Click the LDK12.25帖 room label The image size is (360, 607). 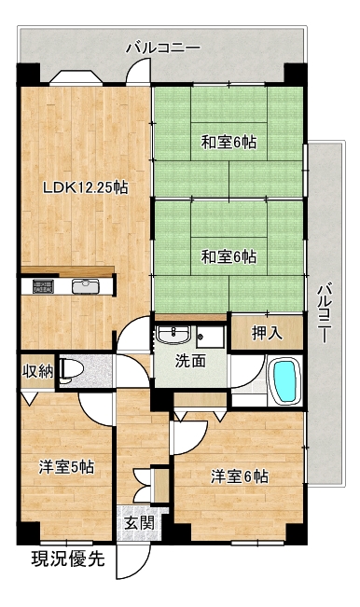pos(85,188)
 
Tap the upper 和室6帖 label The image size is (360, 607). pos(228,143)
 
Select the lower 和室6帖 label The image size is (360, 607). pos(228,256)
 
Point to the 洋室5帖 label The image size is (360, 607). pos(66,467)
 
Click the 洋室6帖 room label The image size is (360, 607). pos(240,476)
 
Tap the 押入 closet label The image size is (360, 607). pos(267,333)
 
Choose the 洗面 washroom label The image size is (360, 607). pos(190,361)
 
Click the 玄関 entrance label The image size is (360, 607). pos(139,523)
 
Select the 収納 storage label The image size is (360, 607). pos(37,372)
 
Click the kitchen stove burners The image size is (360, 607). pos(43,286)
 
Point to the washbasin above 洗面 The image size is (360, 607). pos(173,334)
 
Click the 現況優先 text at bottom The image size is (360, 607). pos(68,559)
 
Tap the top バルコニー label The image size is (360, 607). pos(163,48)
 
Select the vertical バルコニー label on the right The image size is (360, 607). pos(325,313)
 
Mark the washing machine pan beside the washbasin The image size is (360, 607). pos(210,337)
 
